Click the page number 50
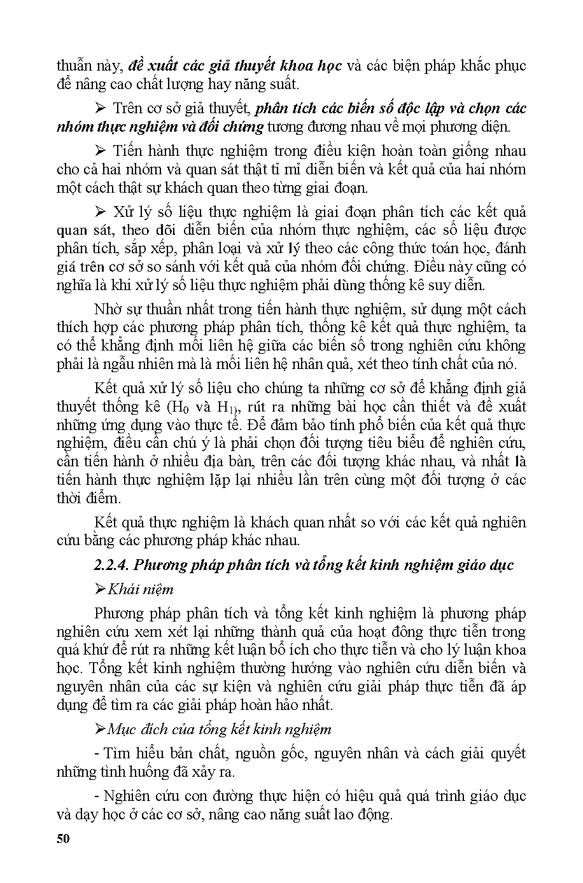coord(62,838)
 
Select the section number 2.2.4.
coord(111,565)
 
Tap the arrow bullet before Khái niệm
coord(99,590)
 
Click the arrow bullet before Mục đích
coord(99,729)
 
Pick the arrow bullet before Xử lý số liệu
coord(99,212)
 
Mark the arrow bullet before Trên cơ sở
coord(99,108)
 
